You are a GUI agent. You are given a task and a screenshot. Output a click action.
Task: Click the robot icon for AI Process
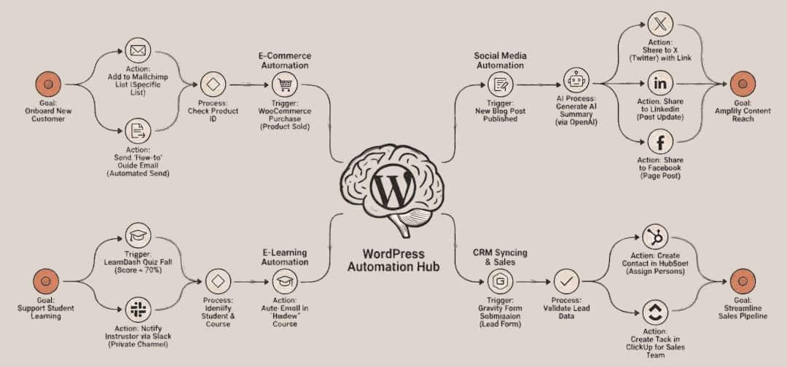tap(576, 81)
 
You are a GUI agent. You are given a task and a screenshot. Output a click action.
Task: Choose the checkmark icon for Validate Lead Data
tap(565, 280)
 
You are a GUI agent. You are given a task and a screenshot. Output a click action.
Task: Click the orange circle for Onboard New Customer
tap(47, 84)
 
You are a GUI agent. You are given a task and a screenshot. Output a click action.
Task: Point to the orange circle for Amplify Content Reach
tap(741, 84)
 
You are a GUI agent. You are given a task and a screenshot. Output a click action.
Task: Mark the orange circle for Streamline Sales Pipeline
tap(741, 280)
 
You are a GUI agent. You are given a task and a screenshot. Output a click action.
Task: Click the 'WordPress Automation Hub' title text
tap(393, 261)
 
